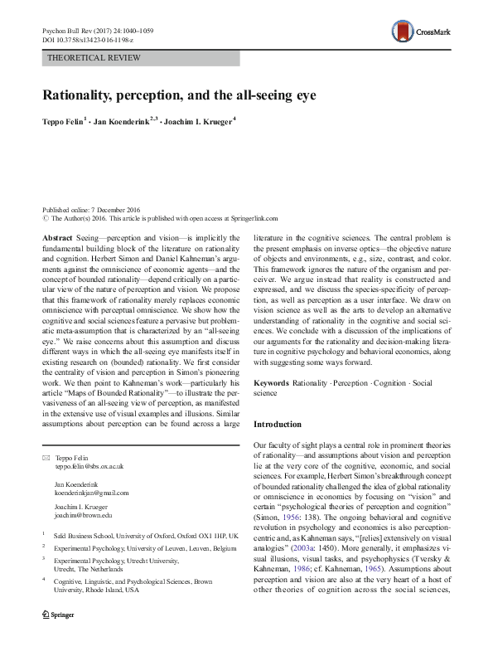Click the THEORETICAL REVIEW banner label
pyautogui.click(x=96, y=58)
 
